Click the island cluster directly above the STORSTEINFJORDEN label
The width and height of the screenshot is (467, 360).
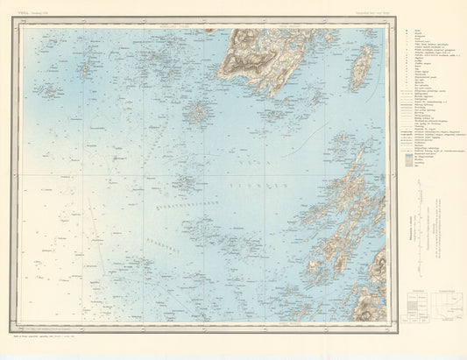click(x=183, y=183)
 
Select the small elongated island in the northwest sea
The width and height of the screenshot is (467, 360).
click(x=88, y=68)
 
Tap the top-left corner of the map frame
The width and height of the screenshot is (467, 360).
click(x=22, y=28)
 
